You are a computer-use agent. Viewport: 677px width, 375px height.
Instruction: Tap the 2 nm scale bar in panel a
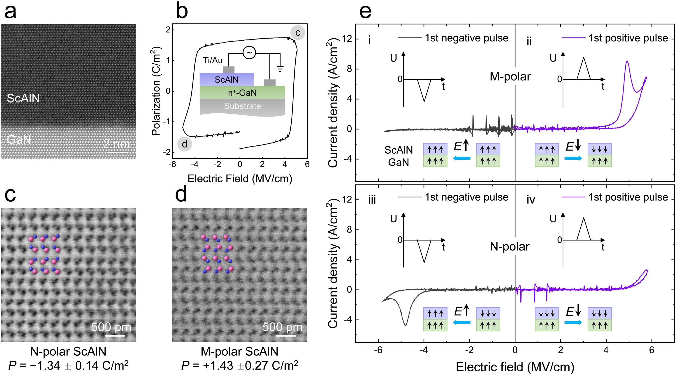[x=117, y=152]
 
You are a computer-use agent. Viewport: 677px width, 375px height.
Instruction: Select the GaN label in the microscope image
[x=19, y=139]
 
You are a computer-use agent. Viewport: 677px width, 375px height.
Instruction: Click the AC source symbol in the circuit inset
[x=249, y=53]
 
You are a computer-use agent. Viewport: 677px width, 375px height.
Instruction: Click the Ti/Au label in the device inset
[x=213, y=60]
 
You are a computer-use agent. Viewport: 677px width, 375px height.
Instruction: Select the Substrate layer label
[x=242, y=106]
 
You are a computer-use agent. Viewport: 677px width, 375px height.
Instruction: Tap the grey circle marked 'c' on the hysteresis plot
[x=297, y=32]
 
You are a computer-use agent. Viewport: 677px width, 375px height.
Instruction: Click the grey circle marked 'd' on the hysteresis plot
[x=185, y=144]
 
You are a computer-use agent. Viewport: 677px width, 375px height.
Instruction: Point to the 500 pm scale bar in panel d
[x=283, y=335]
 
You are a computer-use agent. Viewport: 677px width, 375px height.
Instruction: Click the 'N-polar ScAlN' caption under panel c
[x=68, y=351]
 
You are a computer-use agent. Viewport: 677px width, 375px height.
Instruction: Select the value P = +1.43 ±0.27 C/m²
[x=240, y=365]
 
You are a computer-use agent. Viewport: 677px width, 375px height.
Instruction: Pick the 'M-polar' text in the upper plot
[x=510, y=76]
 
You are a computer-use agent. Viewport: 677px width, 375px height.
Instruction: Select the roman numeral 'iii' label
[x=372, y=200]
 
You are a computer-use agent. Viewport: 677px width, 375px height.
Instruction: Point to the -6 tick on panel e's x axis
[x=378, y=350]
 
